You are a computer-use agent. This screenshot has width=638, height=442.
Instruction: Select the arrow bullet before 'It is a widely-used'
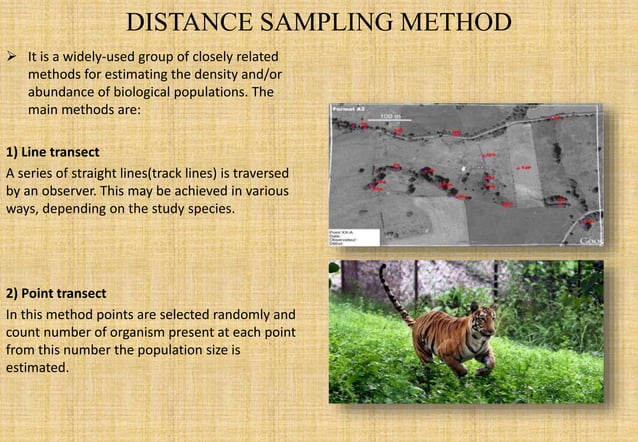15,56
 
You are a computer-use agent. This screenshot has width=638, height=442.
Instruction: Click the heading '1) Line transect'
52,151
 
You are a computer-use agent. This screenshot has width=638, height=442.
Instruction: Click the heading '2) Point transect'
56,293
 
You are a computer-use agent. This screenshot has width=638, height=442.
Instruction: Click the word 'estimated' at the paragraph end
37,368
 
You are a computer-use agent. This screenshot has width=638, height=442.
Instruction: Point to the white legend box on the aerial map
353,237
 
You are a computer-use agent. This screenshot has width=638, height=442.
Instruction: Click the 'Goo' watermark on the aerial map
591,240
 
